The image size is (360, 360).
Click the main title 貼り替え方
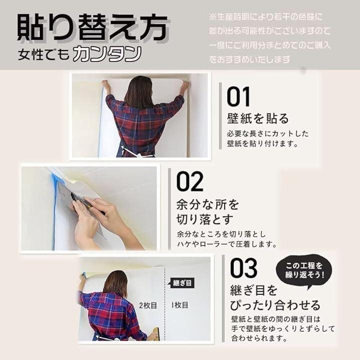point(92,27)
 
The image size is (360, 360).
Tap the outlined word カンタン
point(107,54)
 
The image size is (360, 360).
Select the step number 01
point(238,96)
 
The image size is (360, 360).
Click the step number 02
point(190,181)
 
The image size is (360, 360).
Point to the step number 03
point(243,267)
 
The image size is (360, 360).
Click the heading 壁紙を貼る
point(257,118)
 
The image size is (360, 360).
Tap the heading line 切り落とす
point(205,219)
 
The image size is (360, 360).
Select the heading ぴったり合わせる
point(275,305)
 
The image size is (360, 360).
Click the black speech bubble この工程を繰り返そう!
point(304,270)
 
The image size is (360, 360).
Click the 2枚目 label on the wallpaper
point(148,305)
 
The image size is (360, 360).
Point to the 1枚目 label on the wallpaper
point(180,305)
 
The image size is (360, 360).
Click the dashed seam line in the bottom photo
point(165,303)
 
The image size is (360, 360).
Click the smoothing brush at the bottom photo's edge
point(156,332)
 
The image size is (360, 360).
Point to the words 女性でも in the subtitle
point(43,55)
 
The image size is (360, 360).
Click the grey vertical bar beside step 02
point(169,209)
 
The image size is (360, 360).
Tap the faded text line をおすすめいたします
point(250,60)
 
